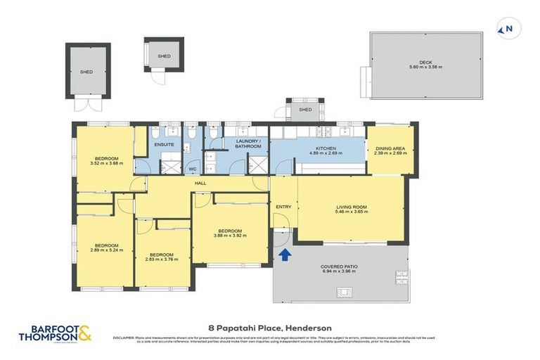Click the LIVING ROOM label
point(350,205)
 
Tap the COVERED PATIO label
point(339,266)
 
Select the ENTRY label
point(283,207)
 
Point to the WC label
point(193,169)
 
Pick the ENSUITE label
point(164,144)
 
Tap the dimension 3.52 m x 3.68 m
point(106,163)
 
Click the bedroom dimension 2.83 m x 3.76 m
point(162,259)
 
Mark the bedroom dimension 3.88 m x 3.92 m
point(229,236)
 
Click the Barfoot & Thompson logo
point(56,332)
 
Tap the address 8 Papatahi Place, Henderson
point(270,328)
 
